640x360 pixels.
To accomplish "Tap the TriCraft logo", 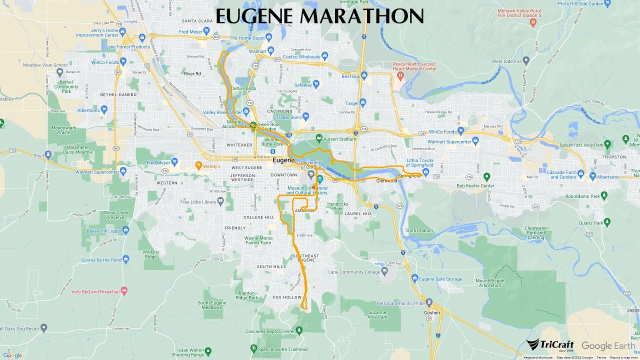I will [x=550, y=345].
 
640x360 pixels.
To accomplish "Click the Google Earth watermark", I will [x=608, y=346].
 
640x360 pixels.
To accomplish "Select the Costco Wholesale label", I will [x=302, y=57].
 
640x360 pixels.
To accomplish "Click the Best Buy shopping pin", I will [x=364, y=76].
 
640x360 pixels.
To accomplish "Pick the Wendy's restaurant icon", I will [x=198, y=165].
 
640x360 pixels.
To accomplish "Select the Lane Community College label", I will [x=354, y=272].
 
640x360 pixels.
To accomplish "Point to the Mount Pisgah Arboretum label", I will [x=488, y=283].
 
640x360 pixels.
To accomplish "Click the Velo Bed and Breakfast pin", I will [x=124, y=291].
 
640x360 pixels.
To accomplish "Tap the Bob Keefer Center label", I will [x=475, y=186].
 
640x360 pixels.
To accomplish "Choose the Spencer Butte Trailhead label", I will [x=277, y=348].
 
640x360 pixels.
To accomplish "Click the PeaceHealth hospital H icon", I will [x=400, y=75].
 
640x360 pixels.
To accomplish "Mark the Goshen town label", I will [x=432, y=313].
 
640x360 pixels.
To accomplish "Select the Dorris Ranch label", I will [x=419, y=230].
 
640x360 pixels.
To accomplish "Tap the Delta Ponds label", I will [x=243, y=88].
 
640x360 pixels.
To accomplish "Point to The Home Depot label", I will [x=247, y=38].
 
